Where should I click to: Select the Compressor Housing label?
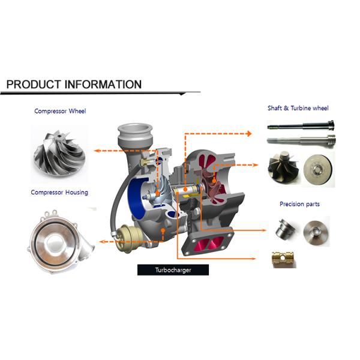(x=59, y=193)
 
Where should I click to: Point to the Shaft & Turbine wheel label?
(x=298, y=109)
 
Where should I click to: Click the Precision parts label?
(x=299, y=204)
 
